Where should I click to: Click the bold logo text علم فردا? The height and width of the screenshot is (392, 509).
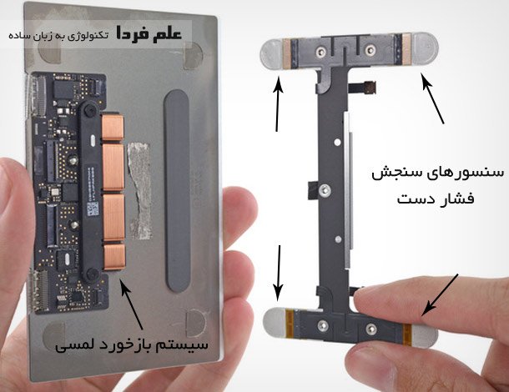click(x=149, y=33)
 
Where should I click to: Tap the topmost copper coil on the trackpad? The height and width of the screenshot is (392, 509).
click(x=113, y=128)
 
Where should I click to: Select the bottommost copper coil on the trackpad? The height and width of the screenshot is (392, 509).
click(x=114, y=257)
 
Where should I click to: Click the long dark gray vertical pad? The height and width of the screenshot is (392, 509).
click(x=177, y=191)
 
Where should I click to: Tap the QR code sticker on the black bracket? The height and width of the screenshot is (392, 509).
click(x=93, y=209)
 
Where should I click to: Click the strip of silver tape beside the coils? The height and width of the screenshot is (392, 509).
click(x=139, y=191)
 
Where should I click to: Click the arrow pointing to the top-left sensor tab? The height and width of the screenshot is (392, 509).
click(x=278, y=103)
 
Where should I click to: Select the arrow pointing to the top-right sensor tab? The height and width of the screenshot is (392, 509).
click(x=432, y=98)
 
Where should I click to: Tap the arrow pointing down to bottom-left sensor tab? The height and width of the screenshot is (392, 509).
click(x=278, y=274)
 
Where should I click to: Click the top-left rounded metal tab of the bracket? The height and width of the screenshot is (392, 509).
click(x=272, y=54)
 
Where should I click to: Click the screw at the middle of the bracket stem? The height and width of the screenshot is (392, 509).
click(x=325, y=190)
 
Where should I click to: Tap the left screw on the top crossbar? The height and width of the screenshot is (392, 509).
click(x=321, y=51)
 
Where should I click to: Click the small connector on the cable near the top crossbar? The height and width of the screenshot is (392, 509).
click(x=370, y=87)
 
